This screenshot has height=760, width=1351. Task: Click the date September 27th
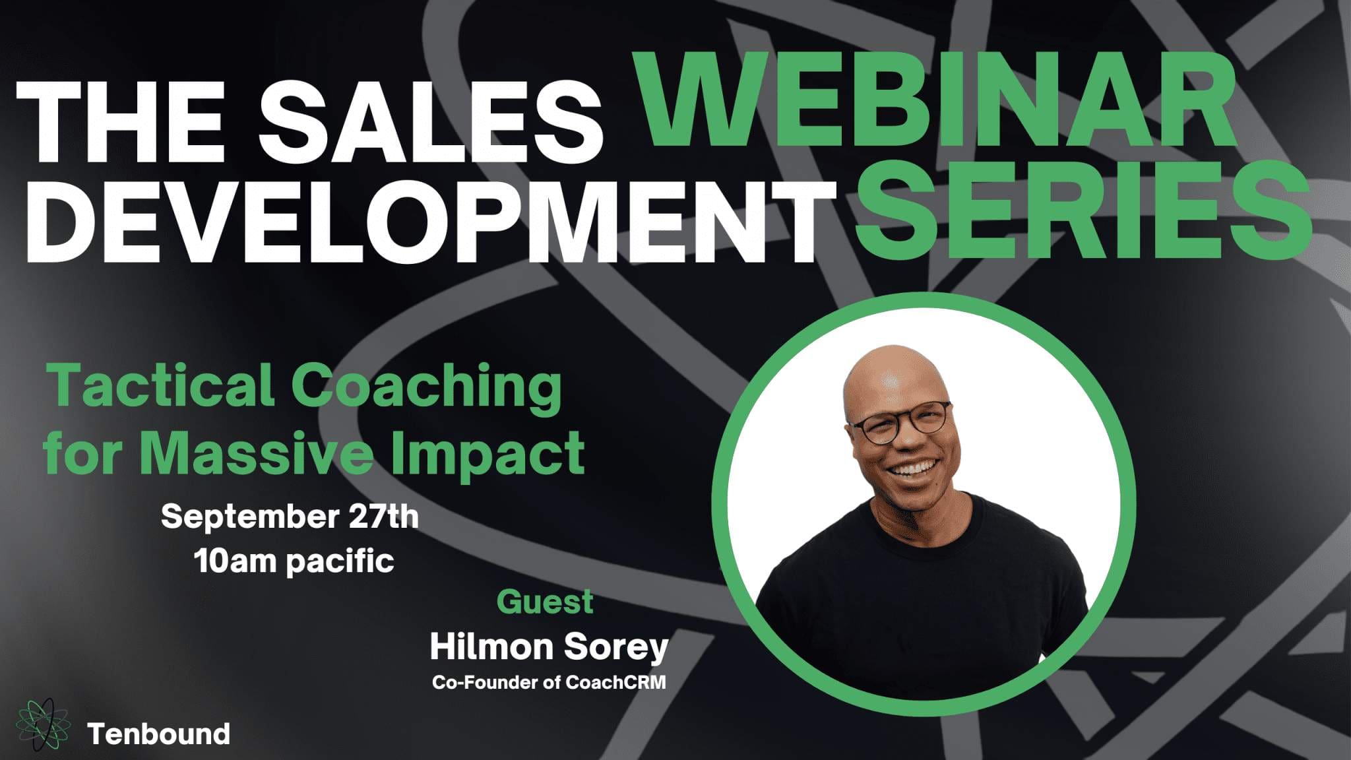pyautogui.click(x=290, y=516)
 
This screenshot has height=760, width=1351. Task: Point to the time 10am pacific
pyautogui.click(x=294, y=561)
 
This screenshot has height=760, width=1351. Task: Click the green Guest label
pyautogui.click(x=545, y=602)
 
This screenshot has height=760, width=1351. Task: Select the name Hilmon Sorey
pyautogui.click(x=549, y=647)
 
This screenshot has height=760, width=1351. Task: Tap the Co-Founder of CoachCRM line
pyautogui.click(x=549, y=682)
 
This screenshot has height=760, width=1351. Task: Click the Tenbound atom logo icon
pyautogui.click(x=43, y=725)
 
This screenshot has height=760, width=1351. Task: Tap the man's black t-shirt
pyautogui.click(x=924, y=594)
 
